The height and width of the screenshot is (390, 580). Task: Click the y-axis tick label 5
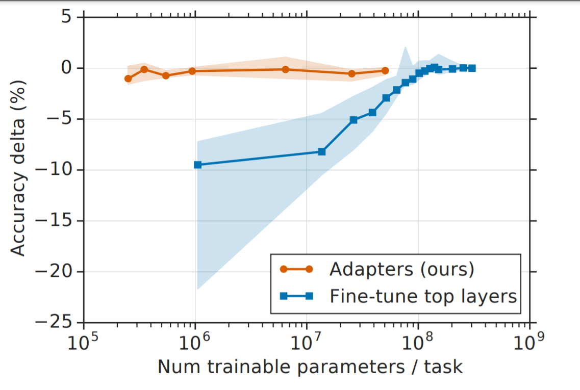[x=66, y=17]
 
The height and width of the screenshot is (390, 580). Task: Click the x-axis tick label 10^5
[x=83, y=342]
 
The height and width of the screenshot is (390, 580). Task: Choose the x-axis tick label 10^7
[x=306, y=342]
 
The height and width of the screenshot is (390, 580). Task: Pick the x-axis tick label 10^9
[x=529, y=342]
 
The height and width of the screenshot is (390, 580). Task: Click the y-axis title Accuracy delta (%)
[x=18, y=168]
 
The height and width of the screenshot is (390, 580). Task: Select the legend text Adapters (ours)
[x=401, y=269]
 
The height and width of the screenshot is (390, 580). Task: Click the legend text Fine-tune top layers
[x=423, y=297]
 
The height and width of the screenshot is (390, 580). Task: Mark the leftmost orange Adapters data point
[x=129, y=79]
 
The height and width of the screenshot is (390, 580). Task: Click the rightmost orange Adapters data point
[x=385, y=70]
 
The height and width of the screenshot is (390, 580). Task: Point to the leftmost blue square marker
[x=198, y=165]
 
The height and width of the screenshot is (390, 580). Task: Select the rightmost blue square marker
[x=472, y=68]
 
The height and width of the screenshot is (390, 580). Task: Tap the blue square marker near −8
[x=322, y=151]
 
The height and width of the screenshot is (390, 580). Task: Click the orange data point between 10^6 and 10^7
[x=285, y=69]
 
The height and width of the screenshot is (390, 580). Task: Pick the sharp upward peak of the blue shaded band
[x=406, y=47]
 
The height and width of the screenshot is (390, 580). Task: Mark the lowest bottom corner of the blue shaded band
[x=197, y=290]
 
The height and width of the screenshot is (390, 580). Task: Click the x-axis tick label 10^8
[x=418, y=342]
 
